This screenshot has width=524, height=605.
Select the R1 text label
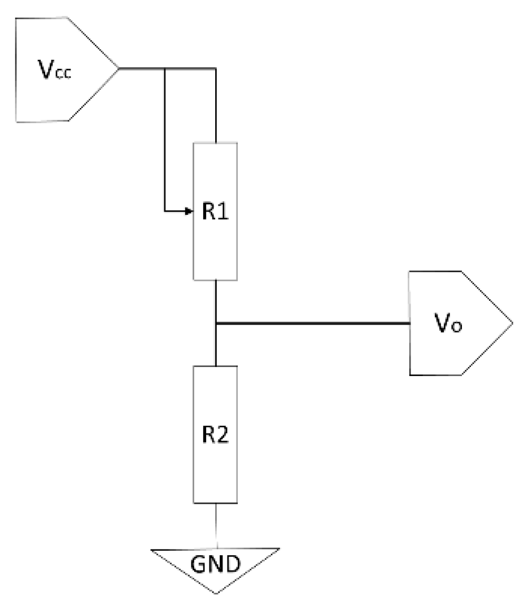215,213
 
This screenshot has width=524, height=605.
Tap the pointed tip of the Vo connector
512,323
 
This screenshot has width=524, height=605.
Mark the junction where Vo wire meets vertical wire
216,323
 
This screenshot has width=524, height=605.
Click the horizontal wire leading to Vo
311,323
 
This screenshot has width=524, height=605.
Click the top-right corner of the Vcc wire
216,69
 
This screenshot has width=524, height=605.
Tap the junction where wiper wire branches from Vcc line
164,69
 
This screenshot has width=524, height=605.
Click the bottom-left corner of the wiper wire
164,212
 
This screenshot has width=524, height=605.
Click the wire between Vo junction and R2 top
216,345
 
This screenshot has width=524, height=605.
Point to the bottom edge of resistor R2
215,503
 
